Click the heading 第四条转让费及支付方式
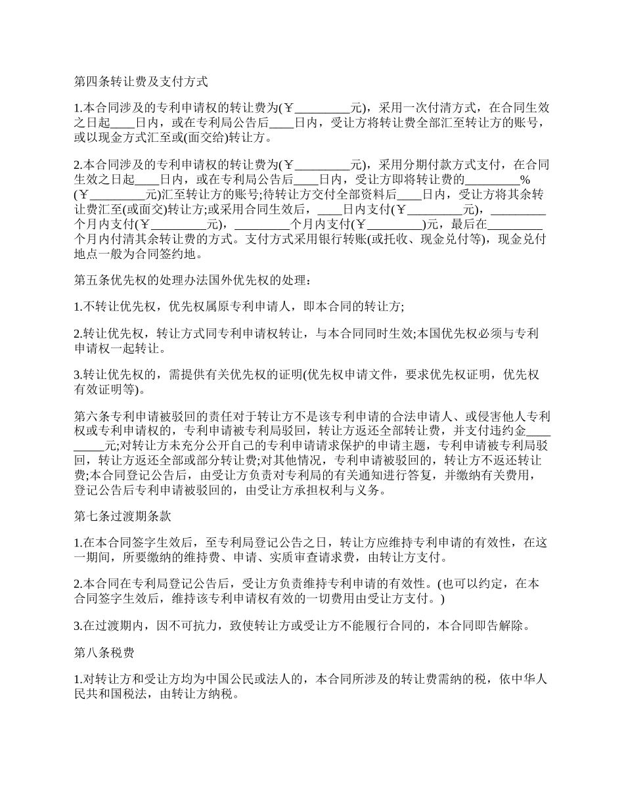point(141,82)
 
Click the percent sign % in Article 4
point(525,179)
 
